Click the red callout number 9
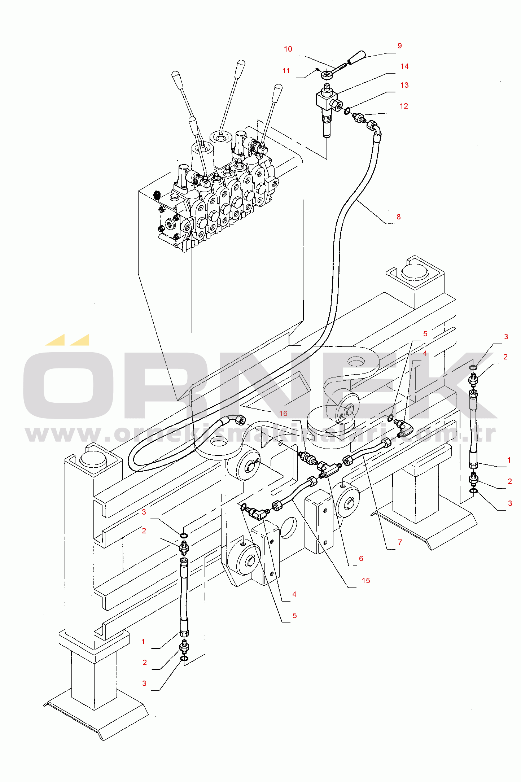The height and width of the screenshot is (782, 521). [399, 46]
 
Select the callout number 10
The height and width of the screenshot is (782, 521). [288, 49]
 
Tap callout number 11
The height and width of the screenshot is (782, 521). [286, 71]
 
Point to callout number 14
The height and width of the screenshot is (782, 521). [404, 66]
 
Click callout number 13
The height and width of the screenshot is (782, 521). [404, 85]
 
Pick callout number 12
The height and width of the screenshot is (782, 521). [404, 106]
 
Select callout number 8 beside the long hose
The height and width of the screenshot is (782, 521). [399, 217]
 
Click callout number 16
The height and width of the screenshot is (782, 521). [283, 414]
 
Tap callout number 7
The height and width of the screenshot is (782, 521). [400, 542]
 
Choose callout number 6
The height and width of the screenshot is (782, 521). [361, 559]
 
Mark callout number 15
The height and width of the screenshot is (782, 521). [366, 581]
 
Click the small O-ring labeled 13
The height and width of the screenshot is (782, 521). [347, 111]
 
